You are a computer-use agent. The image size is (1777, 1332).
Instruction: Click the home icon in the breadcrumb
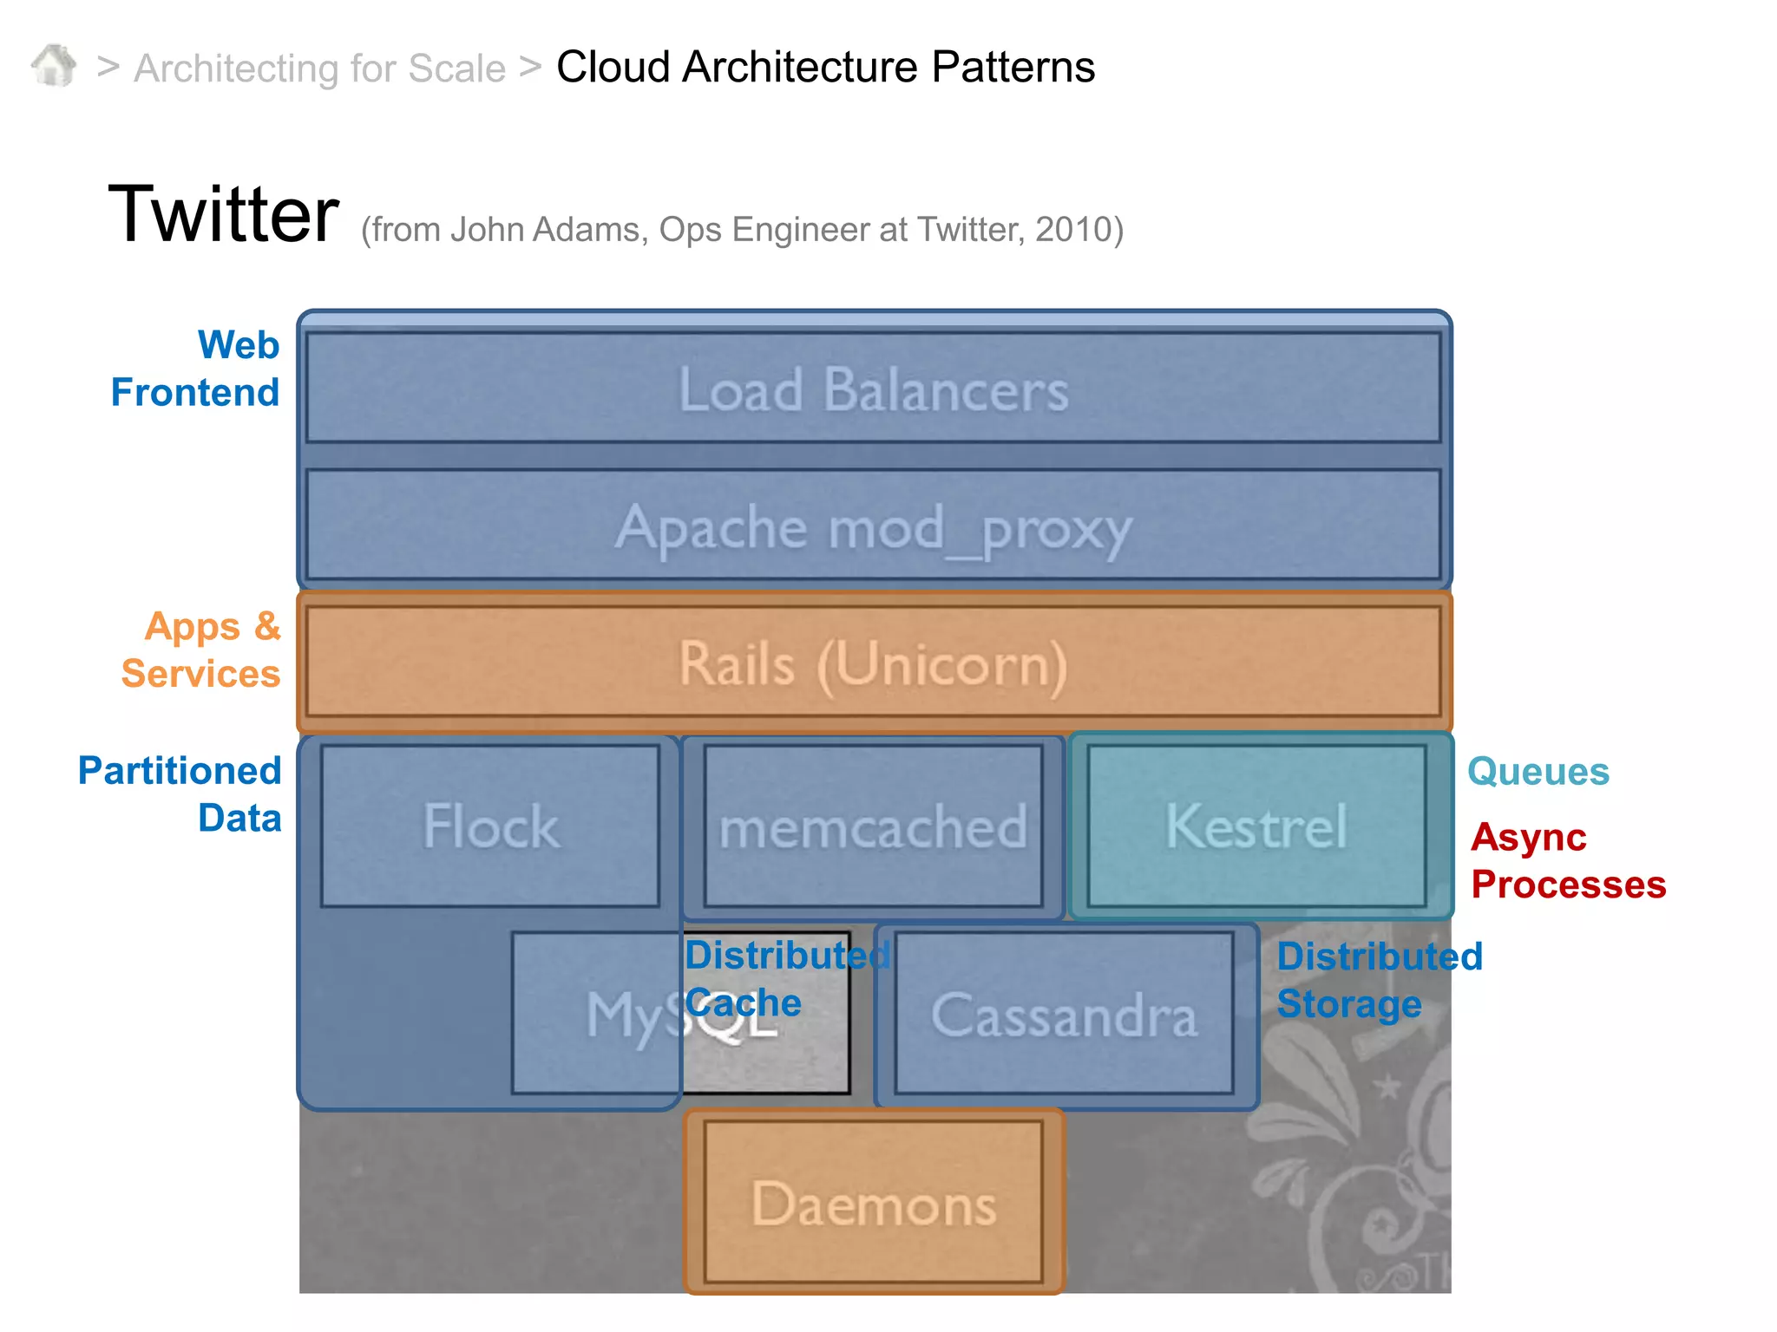[54, 66]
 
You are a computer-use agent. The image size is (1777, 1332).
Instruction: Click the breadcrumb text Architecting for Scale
[319, 69]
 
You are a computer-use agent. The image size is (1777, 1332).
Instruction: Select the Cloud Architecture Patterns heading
[825, 67]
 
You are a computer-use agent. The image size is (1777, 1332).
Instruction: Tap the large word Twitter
[223, 214]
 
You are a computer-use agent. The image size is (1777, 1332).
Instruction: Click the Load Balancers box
[873, 388]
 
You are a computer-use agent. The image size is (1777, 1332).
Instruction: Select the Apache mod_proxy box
[873, 526]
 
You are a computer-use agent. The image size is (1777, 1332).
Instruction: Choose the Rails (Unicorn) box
[873, 663]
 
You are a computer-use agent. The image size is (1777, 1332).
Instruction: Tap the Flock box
[490, 826]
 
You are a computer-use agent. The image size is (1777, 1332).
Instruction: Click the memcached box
[873, 826]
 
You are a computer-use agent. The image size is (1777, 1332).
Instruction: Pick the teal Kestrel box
[1256, 826]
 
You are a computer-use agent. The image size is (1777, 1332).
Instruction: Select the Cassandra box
[1064, 1015]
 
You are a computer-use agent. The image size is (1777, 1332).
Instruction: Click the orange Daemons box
[873, 1203]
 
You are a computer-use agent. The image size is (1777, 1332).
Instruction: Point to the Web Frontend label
[196, 369]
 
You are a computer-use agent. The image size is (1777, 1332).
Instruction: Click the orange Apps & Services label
[201, 650]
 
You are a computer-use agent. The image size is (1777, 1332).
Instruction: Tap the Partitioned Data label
[180, 794]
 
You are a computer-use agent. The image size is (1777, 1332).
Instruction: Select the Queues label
[1538, 771]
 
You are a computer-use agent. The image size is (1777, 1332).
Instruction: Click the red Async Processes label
[1567, 861]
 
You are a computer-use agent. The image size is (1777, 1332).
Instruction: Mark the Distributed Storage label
[1378, 980]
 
